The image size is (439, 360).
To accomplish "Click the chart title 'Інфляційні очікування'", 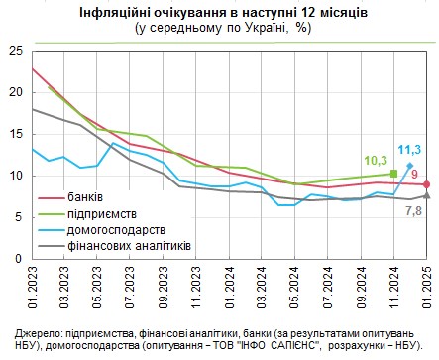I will click(220, 12).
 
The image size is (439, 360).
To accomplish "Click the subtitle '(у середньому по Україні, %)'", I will click(220, 29).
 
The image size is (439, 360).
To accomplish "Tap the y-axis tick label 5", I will click(15, 217).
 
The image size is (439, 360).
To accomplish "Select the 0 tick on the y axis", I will click(15, 259).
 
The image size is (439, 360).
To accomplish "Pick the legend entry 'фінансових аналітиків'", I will click(129, 246).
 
